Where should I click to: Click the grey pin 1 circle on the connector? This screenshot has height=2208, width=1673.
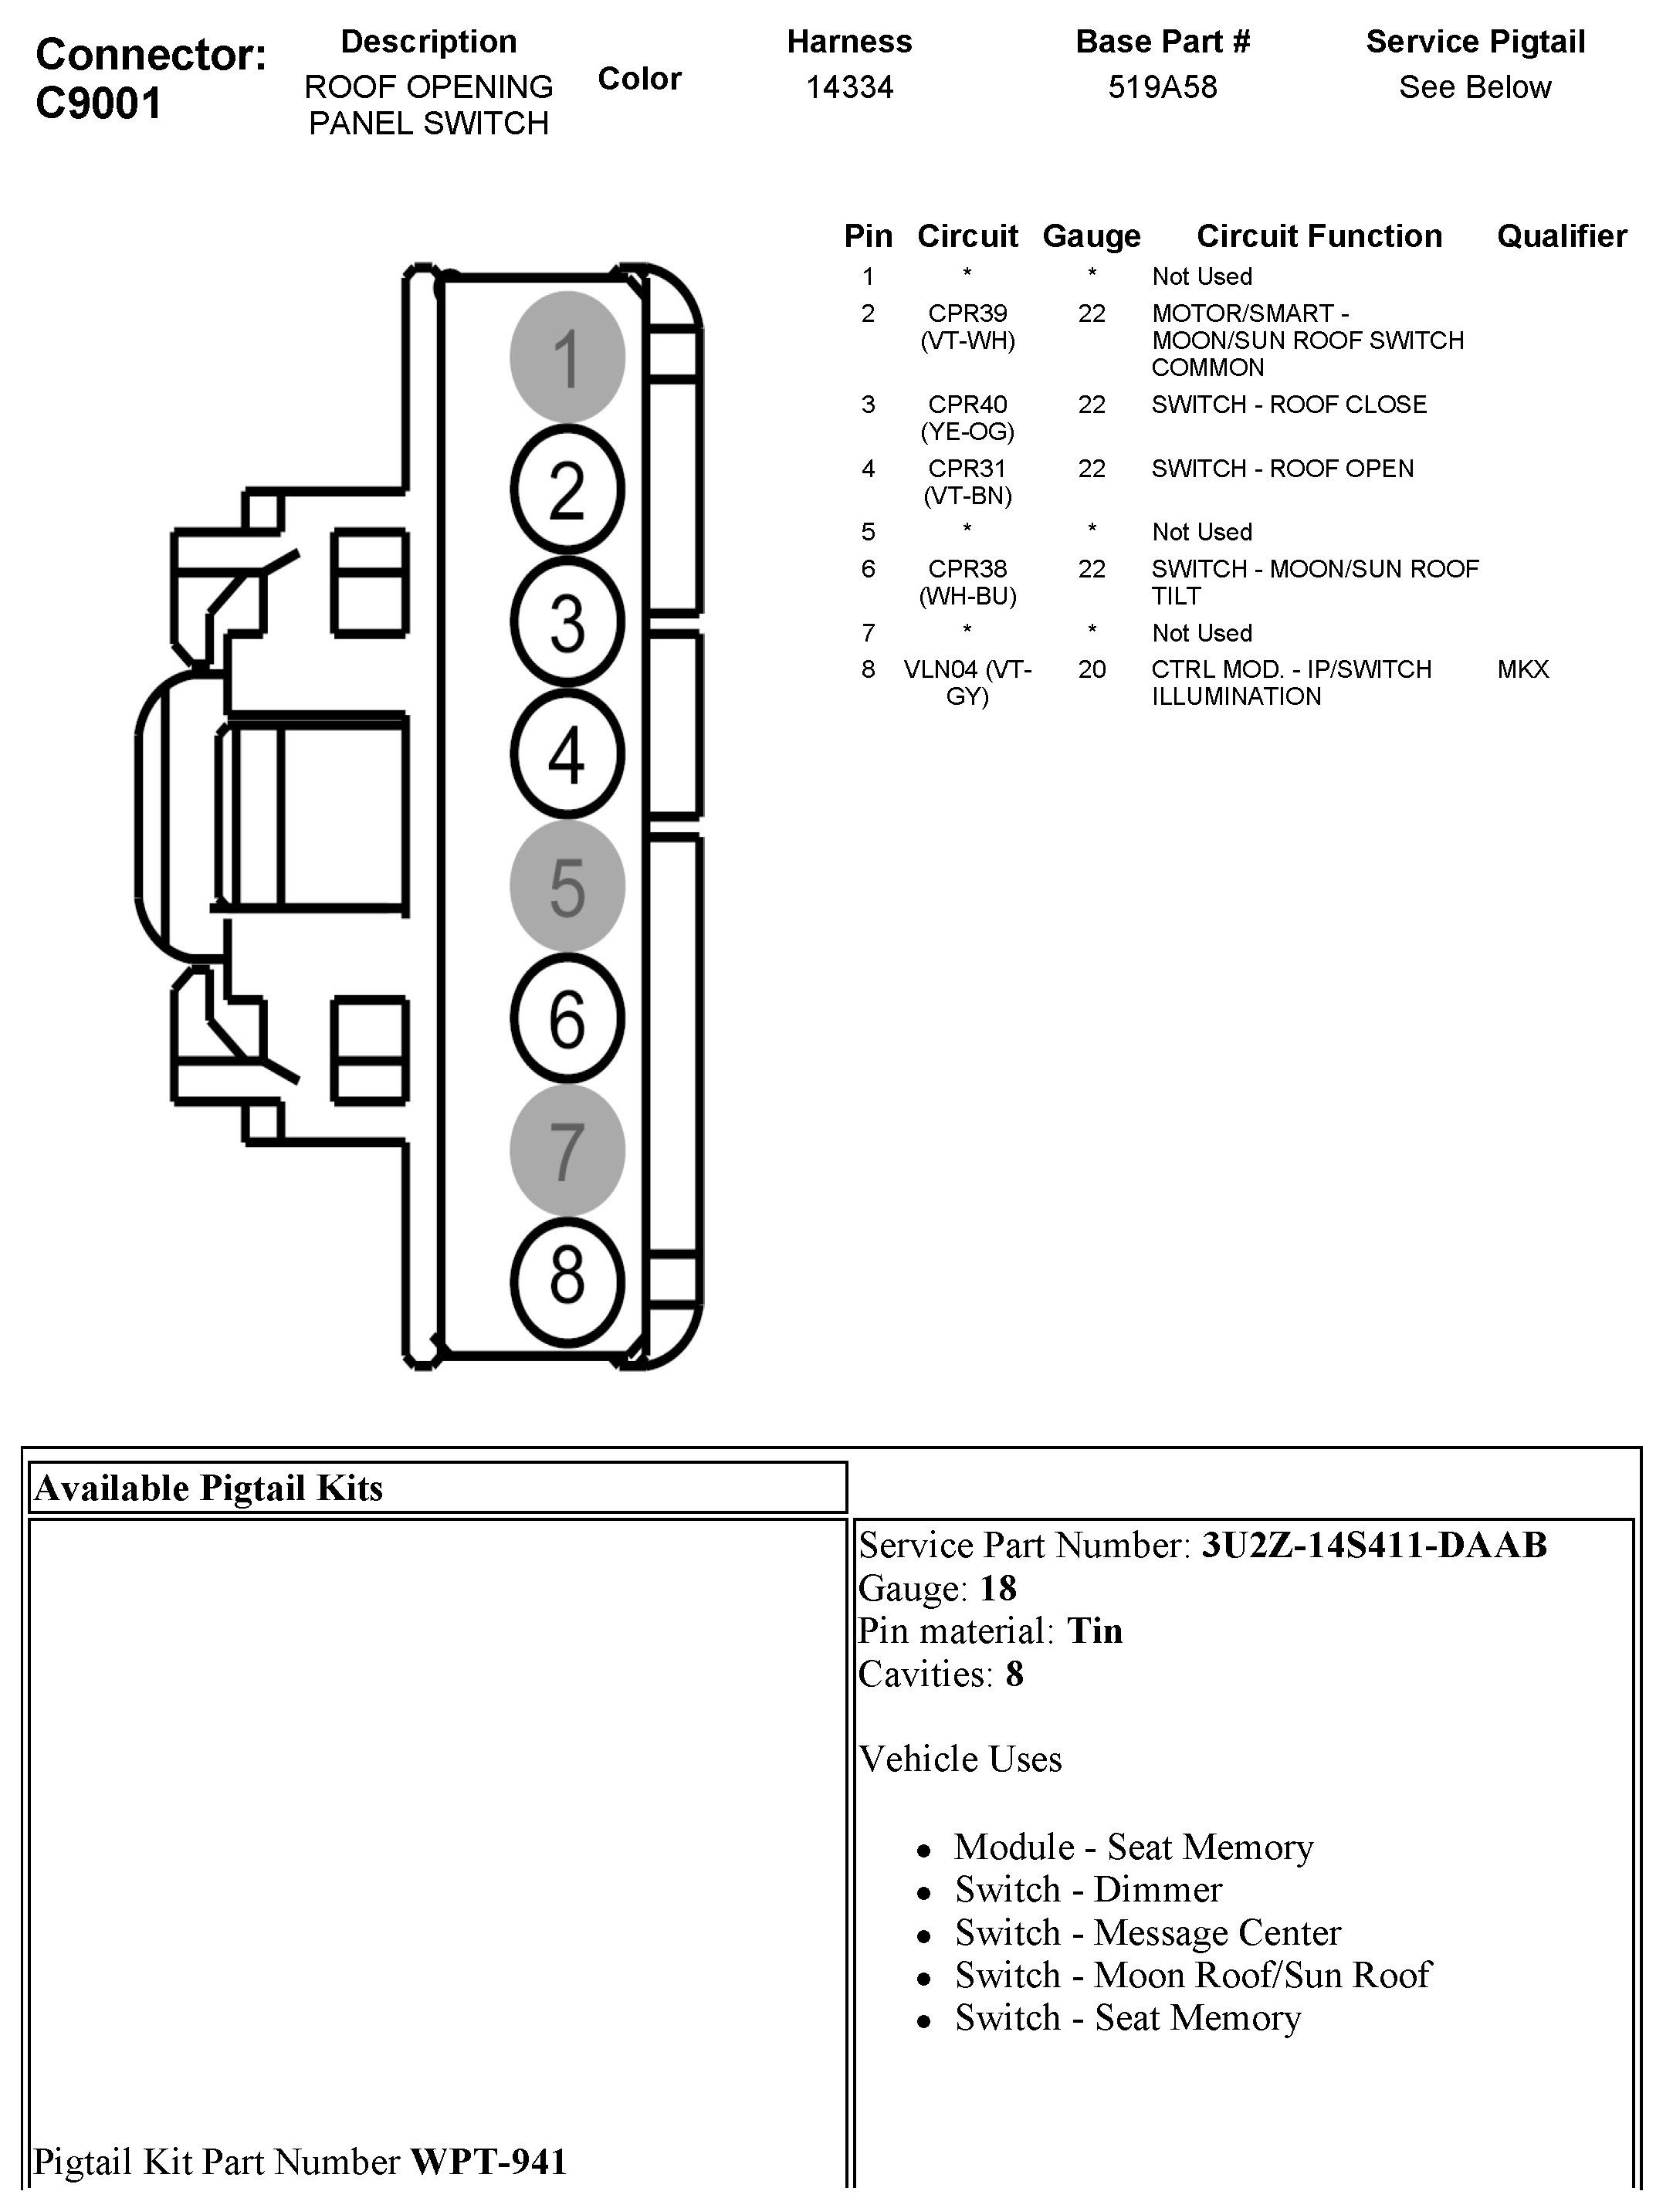[x=567, y=357]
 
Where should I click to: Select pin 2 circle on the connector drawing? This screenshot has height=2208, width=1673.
[x=567, y=489]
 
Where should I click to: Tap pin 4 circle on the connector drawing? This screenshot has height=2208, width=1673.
[x=567, y=753]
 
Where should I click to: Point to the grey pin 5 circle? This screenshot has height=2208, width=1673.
[x=567, y=886]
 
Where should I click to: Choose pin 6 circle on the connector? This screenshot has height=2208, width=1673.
[x=567, y=1018]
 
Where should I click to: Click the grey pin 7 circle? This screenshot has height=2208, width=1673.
[x=567, y=1150]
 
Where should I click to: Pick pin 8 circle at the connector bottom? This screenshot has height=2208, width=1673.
[x=567, y=1282]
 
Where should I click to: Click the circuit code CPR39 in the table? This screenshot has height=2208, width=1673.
[x=967, y=313]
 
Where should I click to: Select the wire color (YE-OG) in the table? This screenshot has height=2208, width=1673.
[x=967, y=432]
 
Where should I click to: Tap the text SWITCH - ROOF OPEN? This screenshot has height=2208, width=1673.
[x=1282, y=468]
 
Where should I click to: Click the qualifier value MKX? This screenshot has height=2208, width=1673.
[x=1522, y=669]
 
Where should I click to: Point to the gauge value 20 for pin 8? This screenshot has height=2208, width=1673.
[x=1091, y=669]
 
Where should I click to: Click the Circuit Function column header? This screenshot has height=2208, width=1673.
[x=1319, y=235]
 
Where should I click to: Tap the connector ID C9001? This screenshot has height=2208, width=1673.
[x=98, y=103]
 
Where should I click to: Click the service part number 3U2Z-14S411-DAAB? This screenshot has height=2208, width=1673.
[x=1373, y=1545]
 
